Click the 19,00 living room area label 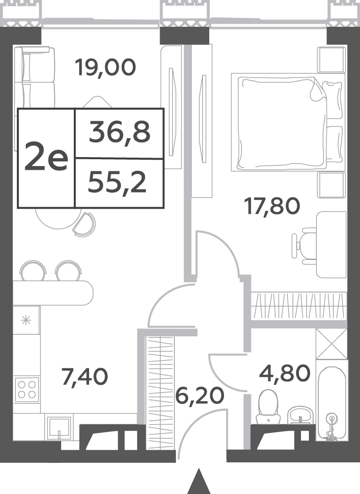click(105, 68)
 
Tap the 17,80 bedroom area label click(273, 206)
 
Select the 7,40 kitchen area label click(85, 376)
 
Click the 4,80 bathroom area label click(285, 373)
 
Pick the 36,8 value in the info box click(120, 132)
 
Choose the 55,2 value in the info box click(117, 183)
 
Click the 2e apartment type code click(46, 156)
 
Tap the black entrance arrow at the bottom click(199, 481)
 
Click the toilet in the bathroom click(268, 406)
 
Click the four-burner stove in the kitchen click(27, 390)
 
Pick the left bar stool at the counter click(33, 270)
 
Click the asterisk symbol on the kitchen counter click(26, 321)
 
